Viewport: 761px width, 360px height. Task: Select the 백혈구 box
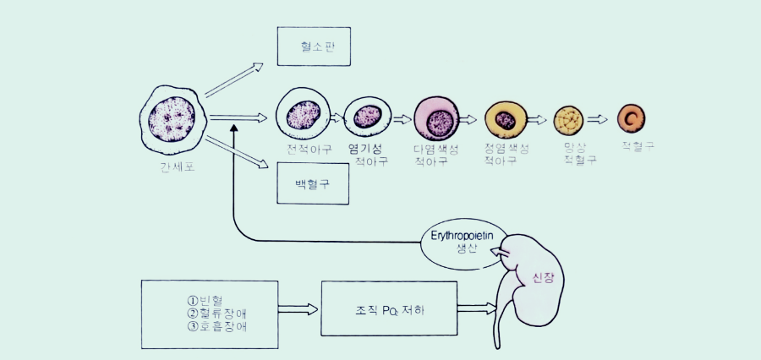pyautogui.click(x=313, y=183)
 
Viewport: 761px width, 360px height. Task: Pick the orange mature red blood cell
pyautogui.click(x=631, y=117)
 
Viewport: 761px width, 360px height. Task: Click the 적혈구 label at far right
pyautogui.click(x=638, y=145)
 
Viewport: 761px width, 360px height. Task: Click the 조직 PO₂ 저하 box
pyautogui.click(x=389, y=310)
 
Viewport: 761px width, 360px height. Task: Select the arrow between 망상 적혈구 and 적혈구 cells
pyautogui.click(x=599, y=119)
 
